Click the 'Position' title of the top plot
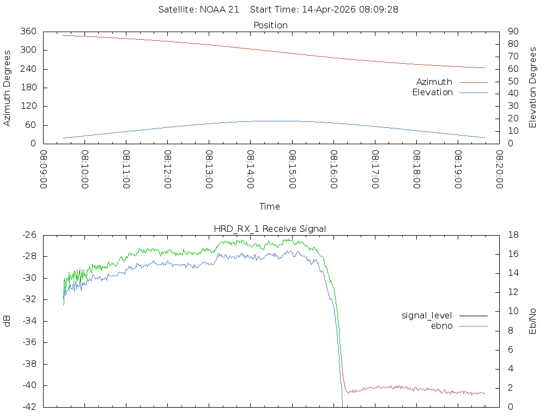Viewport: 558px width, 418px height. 270,25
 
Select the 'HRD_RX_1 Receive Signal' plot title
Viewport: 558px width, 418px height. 270,229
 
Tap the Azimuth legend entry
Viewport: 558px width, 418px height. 434,82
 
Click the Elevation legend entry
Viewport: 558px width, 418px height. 432,93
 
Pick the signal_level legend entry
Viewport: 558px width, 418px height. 427,315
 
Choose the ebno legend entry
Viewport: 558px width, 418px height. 441,325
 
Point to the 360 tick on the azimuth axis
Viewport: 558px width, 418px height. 28,32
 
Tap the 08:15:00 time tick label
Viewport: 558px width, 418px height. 292,169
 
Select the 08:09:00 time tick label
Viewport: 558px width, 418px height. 44,169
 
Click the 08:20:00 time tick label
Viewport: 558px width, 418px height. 499,169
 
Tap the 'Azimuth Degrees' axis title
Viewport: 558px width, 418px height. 8,88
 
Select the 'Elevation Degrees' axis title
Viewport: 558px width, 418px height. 533,88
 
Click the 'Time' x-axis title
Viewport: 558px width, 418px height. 270,206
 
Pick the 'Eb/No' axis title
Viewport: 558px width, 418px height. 533,321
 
